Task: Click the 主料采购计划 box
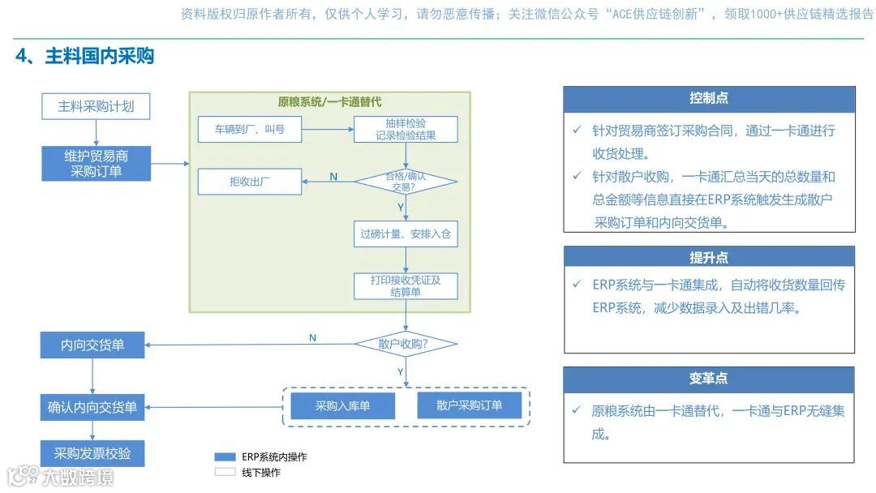(96, 106)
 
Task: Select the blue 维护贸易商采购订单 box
(96, 163)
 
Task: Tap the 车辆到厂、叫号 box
(249, 129)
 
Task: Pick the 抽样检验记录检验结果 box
(406, 130)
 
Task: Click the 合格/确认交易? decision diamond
(406, 182)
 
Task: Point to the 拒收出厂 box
(249, 182)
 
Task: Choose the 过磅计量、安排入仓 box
(406, 235)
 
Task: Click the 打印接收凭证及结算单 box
(406, 286)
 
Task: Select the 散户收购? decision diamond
(406, 344)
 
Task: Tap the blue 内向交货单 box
(92, 345)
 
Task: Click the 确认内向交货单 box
(92, 407)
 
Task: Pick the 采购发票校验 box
(92, 453)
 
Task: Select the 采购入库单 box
(343, 406)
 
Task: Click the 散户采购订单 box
(469, 405)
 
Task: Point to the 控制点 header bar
(709, 99)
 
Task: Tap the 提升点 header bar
(709, 258)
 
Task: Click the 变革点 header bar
(709, 379)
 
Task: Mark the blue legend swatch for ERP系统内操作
(225, 457)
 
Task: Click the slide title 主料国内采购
(84, 56)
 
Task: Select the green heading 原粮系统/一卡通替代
(329, 102)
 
